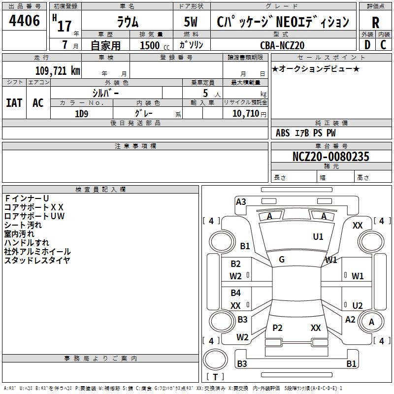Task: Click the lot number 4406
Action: click(24, 21)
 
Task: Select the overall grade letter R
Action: click(375, 23)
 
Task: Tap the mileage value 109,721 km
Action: click(58, 71)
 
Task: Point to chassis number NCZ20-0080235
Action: click(331, 156)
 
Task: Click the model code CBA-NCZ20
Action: click(282, 45)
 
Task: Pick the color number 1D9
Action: click(82, 114)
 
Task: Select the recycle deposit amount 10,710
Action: click(245, 114)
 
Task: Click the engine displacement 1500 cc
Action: click(155, 45)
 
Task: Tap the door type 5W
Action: click(191, 22)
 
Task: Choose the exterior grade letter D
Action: click(367, 45)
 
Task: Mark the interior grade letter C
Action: click(383, 45)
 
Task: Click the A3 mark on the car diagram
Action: click(241, 202)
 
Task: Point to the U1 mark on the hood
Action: click(318, 237)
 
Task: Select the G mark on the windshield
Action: click(282, 260)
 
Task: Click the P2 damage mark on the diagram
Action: click(277, 328)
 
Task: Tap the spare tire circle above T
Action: click(215, 359)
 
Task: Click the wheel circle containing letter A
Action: click(371, 322)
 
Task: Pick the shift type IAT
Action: click(14, 103)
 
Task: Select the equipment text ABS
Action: click(283, 133)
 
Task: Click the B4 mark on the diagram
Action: click(236, 293)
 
